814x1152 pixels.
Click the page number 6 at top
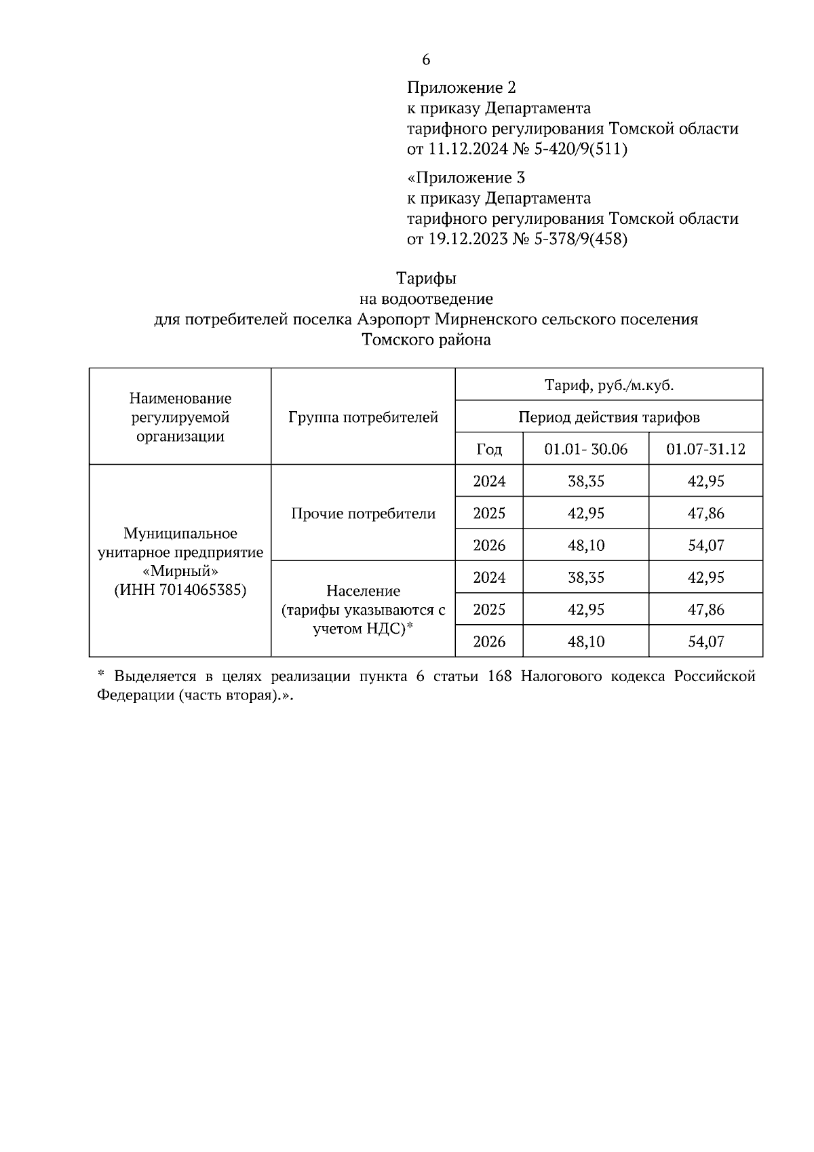(x=426, y=60)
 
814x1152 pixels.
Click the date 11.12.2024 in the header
(x=467, y=149)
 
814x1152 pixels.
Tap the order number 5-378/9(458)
(x=581, y=239)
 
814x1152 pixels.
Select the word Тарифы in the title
(x=426, y=278)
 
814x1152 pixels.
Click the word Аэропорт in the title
(x=393, y=319)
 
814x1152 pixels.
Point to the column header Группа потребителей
(x=363, y=417)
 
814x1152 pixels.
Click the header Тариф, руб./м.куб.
(x=608, y=385)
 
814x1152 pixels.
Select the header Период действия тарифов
(x=608, y=417)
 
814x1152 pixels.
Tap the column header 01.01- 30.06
(x=585, y=449)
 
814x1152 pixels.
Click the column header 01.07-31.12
(x=705, y=449)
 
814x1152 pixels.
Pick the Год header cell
(x=489, y=449)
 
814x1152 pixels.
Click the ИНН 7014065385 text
(x=180, y=590)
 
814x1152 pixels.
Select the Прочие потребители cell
(x=363, y=514)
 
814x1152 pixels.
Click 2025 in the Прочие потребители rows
(x=489, y=514)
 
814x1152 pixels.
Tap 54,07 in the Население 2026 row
(x=705, y=641)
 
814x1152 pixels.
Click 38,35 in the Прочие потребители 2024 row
(x=585, y=482)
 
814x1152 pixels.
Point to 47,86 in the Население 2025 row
(x=705, y=609)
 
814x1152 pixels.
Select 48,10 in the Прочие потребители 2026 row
(x=585, y=545)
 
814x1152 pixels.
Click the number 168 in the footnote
(x=501, y=676)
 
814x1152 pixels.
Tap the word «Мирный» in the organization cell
(x=180, y=571)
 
